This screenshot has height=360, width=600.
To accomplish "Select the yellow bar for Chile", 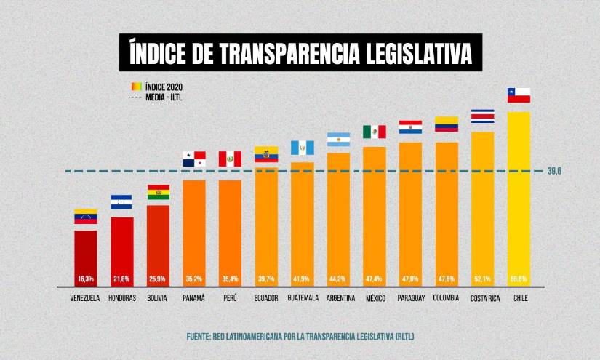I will [x=519, y=196].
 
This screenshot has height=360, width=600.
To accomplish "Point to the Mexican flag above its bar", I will [x=374, y=132].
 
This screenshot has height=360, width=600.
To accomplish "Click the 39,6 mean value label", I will [x=556, y=172].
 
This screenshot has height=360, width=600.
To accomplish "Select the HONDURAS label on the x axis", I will [x=121, y=299].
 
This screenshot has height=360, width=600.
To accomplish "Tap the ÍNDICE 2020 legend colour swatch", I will [x=136, y=85].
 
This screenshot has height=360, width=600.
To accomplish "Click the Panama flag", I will [x=193, y=159].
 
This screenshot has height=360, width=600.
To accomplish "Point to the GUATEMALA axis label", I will [x=303, y=298].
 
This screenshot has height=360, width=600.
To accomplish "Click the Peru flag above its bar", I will [x=230, y=159].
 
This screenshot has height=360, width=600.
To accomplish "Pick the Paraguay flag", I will [x=410, y=127].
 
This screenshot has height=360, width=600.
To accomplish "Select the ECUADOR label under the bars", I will [x=266, y=298].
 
